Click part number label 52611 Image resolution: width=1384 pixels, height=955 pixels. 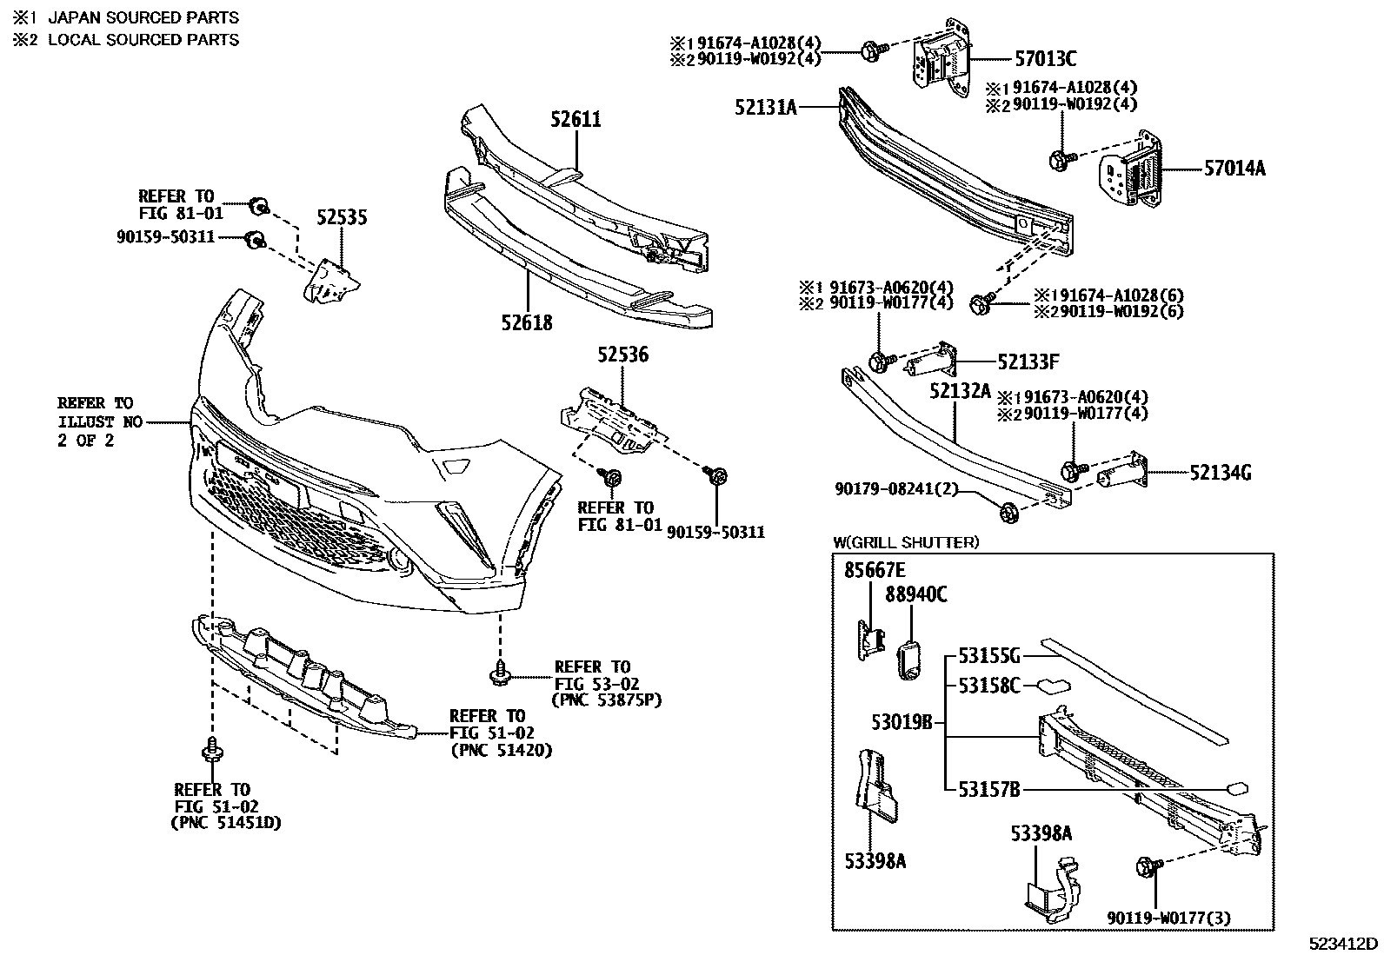click(575, 119)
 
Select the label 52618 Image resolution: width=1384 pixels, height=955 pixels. click(526, 323)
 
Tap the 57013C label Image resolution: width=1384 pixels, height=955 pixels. click(1045, 59)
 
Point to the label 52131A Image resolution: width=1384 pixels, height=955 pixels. click(765, 107)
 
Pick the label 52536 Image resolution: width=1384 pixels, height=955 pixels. click(622, 355)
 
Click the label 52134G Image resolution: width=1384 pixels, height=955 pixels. click(1221, 473)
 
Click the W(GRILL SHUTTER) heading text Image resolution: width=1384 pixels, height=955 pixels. click(906, 542)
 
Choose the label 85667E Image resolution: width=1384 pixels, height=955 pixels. click(875, 570)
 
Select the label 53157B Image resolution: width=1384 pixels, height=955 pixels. click(988, 789)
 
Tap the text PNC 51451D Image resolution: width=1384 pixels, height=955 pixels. click(225, 822)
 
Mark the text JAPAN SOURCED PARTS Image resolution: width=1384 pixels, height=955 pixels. click(143, 17)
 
